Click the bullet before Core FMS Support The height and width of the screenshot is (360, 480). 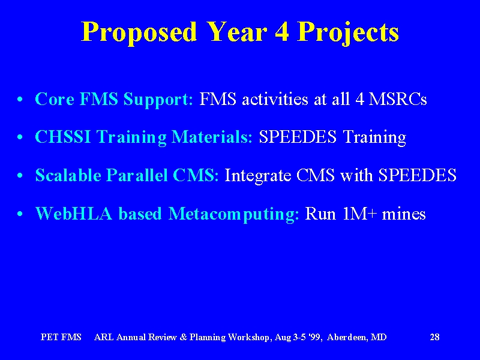[20, 100]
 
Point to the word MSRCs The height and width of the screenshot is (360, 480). [398, 99]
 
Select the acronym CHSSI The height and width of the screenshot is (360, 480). [63, 137]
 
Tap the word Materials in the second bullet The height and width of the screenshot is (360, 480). [212, 137]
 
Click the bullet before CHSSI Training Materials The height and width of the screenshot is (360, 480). [20, 138]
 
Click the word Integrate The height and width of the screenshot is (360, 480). [258, 176]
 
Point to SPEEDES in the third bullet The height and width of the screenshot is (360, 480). [418, 175]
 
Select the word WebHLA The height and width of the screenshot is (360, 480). [74, 214]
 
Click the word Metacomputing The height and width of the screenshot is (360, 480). [234, 214]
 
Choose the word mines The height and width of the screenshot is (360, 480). [404, 214]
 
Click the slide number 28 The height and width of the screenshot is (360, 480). [434, 337]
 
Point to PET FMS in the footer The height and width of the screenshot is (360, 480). [61, 337]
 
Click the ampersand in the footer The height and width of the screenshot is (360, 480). [184, 337]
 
